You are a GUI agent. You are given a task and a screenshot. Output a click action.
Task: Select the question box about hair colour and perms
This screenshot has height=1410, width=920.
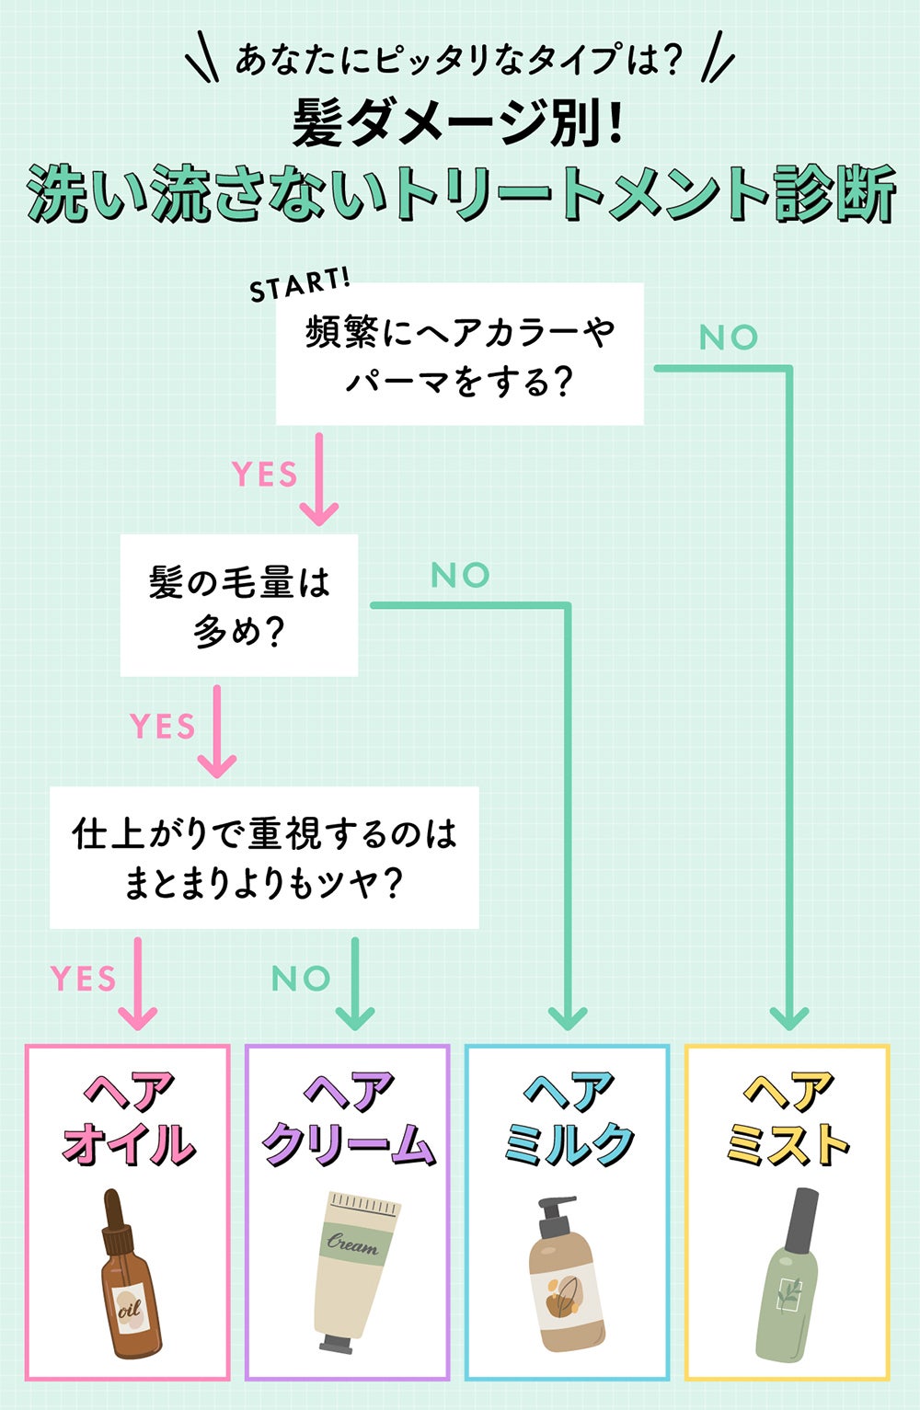coord(459,354)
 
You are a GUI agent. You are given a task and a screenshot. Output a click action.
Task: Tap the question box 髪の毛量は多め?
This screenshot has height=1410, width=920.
coord(239,606)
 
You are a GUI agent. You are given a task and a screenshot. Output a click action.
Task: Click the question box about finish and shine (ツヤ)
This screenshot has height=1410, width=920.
coord(264,857)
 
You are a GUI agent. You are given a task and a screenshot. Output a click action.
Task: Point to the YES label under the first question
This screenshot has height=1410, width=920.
coord(265,475)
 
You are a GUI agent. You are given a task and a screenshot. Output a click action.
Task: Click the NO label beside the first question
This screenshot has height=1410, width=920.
coord(729,338)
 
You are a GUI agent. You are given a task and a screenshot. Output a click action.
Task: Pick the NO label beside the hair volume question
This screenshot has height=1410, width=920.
coord(460,576)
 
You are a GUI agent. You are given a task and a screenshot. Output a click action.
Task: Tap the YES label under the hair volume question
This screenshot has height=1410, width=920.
coord(163,727)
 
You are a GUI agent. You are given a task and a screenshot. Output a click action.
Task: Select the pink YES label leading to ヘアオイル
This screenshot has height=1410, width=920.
coord(83,979)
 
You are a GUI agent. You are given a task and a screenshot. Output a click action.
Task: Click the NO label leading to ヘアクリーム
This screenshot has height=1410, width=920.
coord(301,979)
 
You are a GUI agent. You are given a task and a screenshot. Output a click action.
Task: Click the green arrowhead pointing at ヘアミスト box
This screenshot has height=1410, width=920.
coord(788,1017)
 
